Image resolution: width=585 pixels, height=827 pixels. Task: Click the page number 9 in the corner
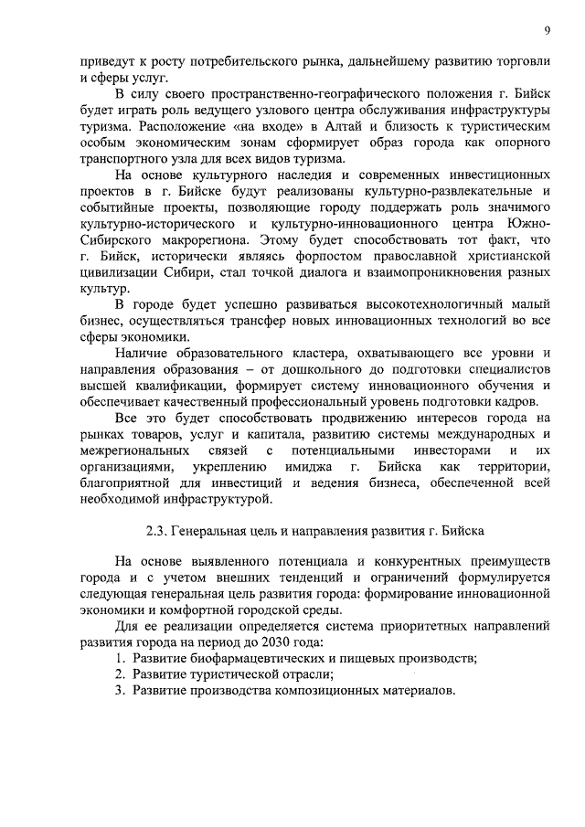click(546, 31)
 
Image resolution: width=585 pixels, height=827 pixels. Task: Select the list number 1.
click(119, 660)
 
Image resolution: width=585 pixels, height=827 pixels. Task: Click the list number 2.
click(119, 675)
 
